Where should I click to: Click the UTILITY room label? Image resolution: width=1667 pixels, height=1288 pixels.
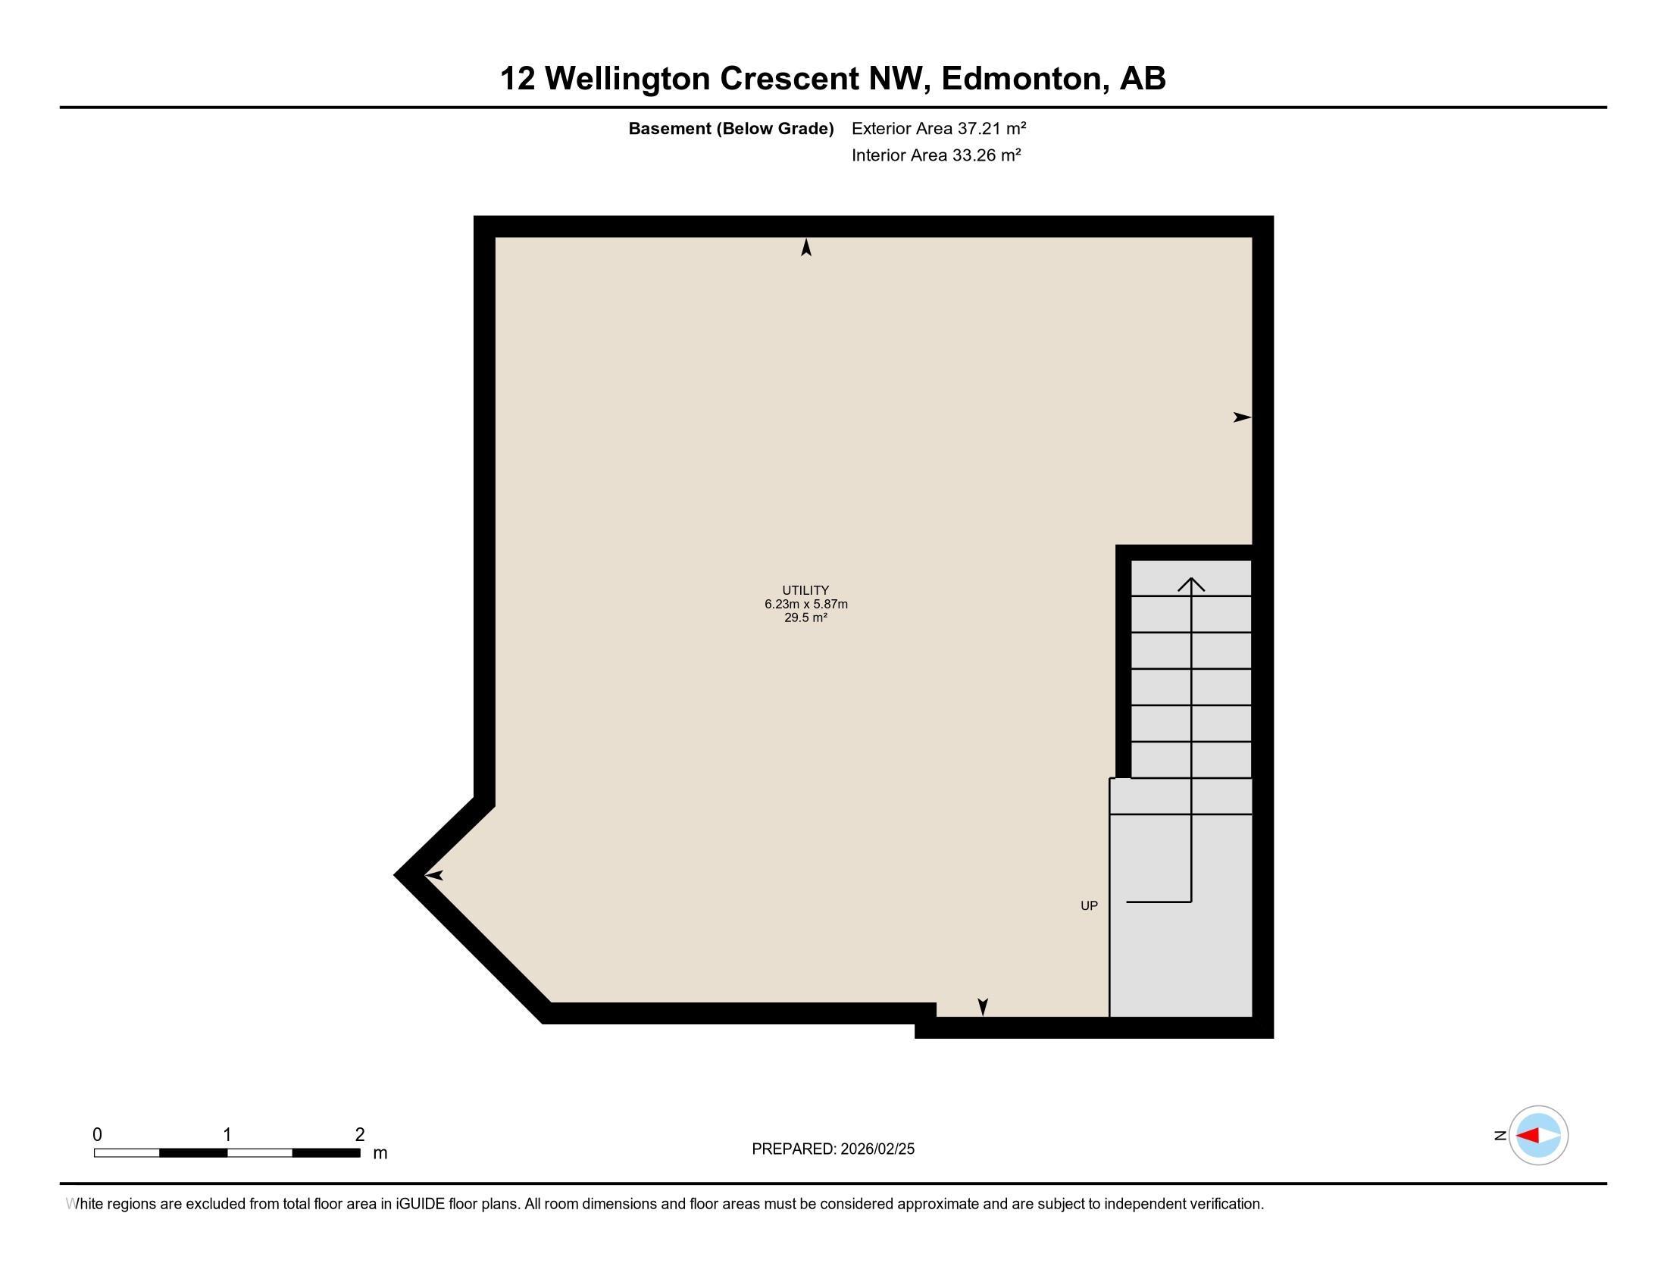point(805,589)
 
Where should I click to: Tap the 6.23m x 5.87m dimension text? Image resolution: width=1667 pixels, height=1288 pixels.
point(806,605)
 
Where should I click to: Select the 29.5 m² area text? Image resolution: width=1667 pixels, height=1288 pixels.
point(805,618)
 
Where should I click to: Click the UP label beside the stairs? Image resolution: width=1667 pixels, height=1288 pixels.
point(1088,905)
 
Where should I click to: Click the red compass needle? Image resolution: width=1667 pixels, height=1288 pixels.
point(1528,1136)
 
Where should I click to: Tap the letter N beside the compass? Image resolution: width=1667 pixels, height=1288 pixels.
point(1500,1136)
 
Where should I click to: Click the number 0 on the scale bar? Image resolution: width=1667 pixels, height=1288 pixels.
point(97,1135)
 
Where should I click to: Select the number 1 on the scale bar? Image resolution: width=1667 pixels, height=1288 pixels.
point(227,1135)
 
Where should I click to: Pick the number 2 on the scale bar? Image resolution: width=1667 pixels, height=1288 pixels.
point(359,1135)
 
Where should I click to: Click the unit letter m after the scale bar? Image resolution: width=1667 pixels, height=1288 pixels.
point(380,1154)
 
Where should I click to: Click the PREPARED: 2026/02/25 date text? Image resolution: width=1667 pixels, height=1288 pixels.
point(833,1149)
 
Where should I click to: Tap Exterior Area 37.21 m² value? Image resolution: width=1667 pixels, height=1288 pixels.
point(939,128)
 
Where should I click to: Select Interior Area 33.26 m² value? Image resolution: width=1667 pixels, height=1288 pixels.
point(936,155)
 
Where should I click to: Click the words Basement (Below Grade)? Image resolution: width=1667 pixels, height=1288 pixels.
point(730,129)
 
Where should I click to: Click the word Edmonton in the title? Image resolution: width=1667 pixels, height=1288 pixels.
point(1023,79)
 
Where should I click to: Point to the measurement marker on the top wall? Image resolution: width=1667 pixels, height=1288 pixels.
point(806,247)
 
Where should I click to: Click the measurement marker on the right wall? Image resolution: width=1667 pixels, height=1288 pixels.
point(1242,417)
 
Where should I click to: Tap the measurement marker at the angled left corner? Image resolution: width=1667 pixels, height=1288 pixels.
point(433,875)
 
